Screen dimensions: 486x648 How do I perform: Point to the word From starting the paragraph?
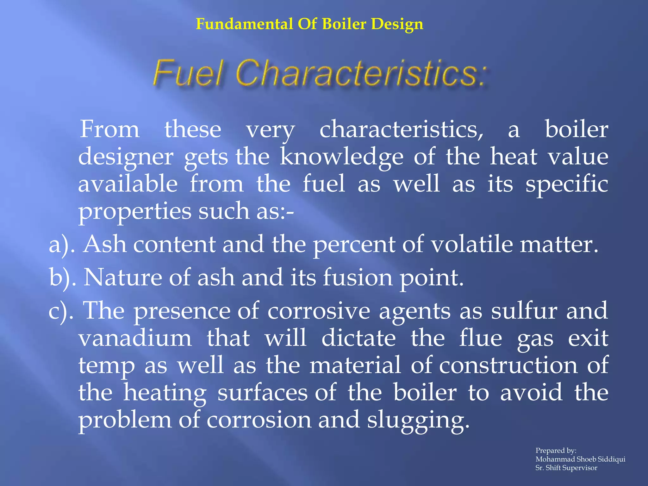point(109,129)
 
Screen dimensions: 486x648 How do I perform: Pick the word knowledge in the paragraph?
point(341,157)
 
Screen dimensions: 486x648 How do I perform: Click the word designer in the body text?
point(126,158)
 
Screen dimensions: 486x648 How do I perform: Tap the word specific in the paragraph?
point(567,184)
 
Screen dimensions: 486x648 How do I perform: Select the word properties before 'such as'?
point(135,211)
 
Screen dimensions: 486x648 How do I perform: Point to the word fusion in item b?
point(358,277)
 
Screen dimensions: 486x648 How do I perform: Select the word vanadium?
point(135,338)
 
